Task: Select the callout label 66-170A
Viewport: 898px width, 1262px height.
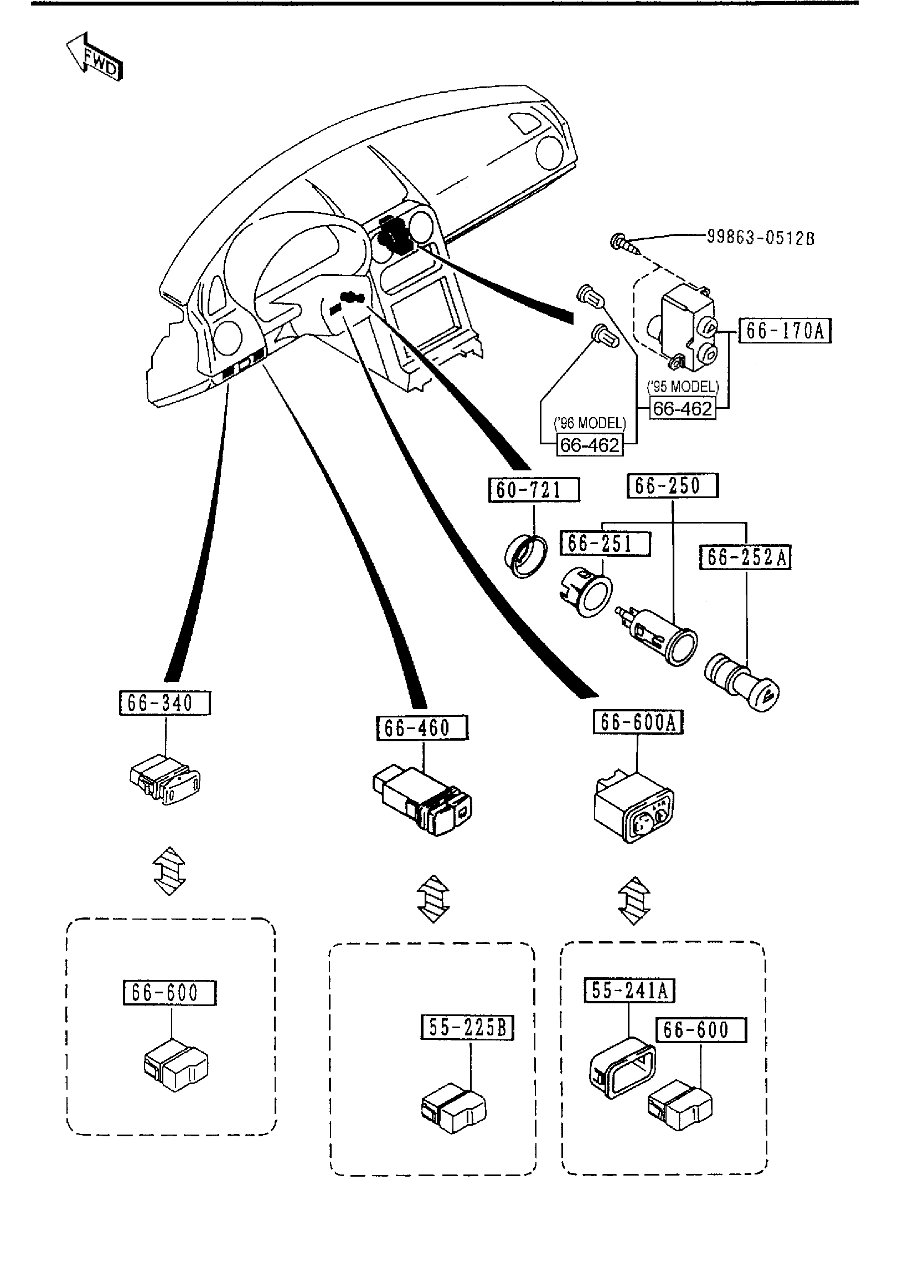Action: click(x=785, y=331)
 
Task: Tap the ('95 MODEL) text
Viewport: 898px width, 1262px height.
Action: click(x=682, y=387)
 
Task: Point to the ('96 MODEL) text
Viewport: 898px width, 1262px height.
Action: click(x=590, y=423)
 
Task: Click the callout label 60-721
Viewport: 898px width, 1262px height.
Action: click(x=534, y=490)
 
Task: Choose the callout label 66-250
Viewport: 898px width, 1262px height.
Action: click(x=672, y=486)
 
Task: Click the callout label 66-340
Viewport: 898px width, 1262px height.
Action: click(x=165, y=704)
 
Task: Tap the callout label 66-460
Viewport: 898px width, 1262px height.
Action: click(x=422, y=728)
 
